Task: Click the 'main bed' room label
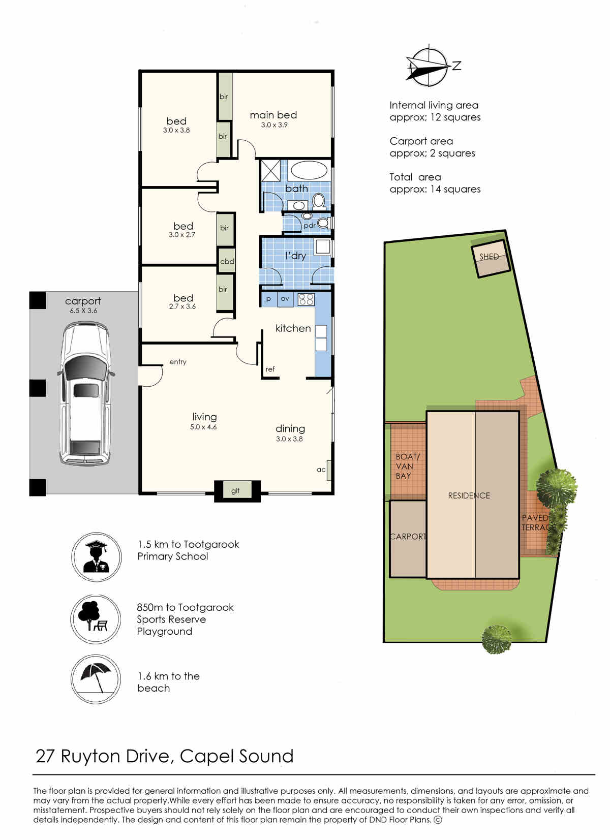(x=273, y=115)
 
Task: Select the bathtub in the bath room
(x=309, y=170)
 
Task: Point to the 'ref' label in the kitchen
(x=270, y=369)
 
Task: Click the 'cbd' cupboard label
(x=227, y=261)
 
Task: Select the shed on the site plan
(x=491, y=259)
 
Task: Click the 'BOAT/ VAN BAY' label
(x=407, y=466)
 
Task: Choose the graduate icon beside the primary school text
(x=97, y=557)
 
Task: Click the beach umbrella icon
(x=96, y=679)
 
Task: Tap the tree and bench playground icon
(x=95, y=619)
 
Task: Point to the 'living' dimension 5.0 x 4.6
(x=203, y=427)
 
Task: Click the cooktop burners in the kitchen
(x=306, y=299)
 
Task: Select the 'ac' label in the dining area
(x=321, y=470)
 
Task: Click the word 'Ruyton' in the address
(x=91, y=757)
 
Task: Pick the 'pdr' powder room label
(x=310, y=226)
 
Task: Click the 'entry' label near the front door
(x=178, y=362)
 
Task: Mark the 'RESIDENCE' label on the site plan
(x=469, y=495)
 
